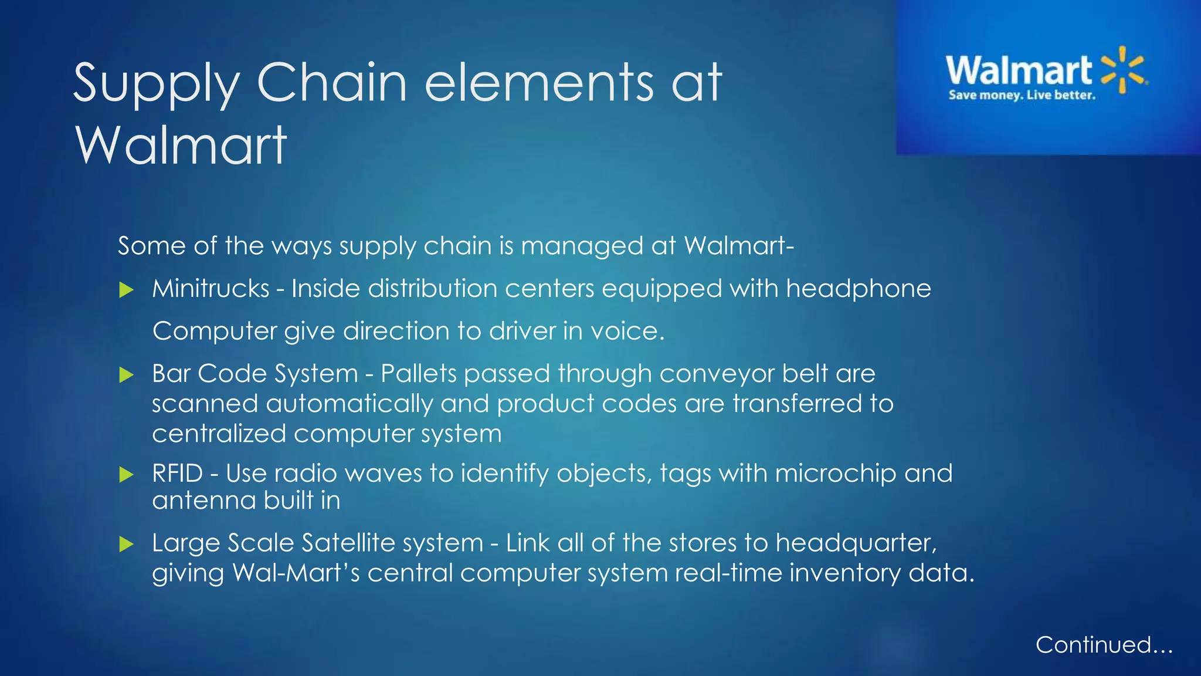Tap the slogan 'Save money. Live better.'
click(1022, 95)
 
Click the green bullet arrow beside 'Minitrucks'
click(126, 289)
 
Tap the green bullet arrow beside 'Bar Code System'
click(126, 374)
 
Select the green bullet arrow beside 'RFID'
click(126, 474)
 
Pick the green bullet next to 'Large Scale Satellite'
click(126, 544)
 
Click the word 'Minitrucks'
click(211, 289)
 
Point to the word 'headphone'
click(858, 289)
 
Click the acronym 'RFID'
click(177, 474)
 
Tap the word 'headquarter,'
click(856, 543)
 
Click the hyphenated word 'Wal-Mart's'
click(296, 573)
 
